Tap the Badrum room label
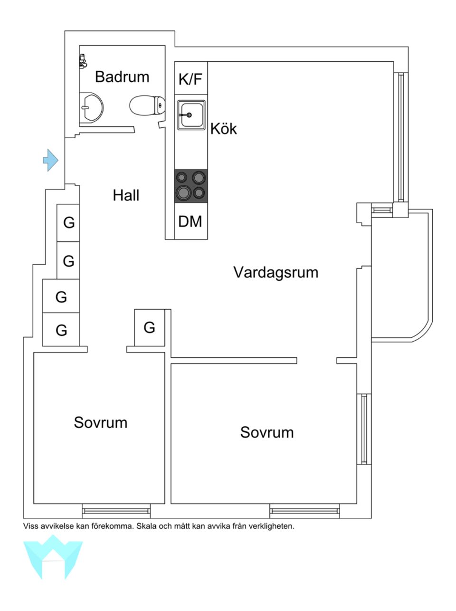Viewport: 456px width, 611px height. (x=122, y=76)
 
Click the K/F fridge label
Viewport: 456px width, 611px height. (x=190, y=79)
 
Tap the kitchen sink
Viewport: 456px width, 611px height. (x=191, y=115)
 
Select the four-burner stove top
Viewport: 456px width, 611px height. (x=191, y=185)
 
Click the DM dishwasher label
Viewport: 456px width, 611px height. (x=190, y=221)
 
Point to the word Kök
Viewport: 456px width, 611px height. (x=223, y=129)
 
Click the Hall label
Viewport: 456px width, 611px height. (x=126, y=195)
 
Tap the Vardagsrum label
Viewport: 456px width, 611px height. (x=275, y=273)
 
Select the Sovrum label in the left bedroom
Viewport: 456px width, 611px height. (x=101, y=422)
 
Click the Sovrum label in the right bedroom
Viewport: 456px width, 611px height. (x=266, y=432)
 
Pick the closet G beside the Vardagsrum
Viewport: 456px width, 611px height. (x=149, y=327)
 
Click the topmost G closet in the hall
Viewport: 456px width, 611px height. (x=69, y=222)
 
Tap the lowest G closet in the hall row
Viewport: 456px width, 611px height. (x=61, y=330)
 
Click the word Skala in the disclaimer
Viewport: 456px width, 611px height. (x=146, y=526)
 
